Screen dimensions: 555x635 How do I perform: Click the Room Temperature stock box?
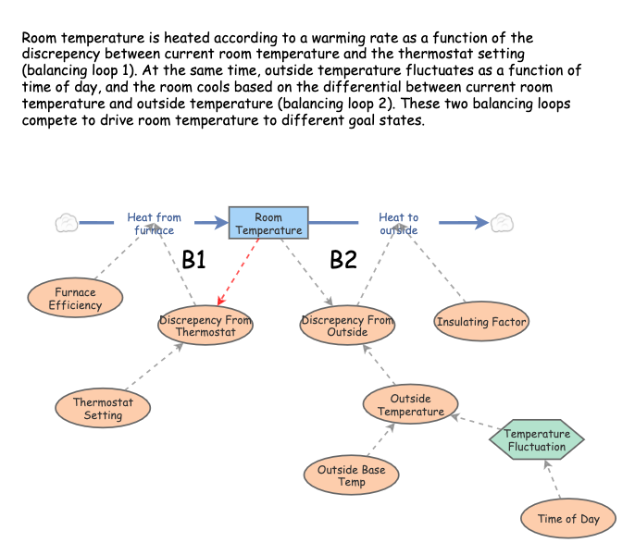tap(268, 224)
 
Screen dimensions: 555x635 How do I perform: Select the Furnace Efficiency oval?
tap(74, 298)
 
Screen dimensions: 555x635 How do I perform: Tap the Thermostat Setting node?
tap(104, 409)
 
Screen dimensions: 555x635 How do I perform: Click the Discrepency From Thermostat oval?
tap(205, 327)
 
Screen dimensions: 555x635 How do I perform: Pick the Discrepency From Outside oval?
tap(347, 326)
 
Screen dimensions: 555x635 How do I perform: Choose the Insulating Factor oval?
tap(481, 322)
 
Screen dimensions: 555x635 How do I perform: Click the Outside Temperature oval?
tap(410, 405)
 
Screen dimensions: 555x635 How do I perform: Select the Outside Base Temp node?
tap(352, 475)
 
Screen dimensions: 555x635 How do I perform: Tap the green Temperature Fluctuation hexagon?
tap(536, 440)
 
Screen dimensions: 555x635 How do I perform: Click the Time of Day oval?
tap(568, 519)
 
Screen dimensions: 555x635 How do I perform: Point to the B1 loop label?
tap(193, 261)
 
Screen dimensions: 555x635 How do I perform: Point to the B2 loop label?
tap(343, 261)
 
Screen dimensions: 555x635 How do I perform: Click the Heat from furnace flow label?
tap(155, 224)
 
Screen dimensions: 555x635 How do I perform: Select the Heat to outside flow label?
tap(398, 224)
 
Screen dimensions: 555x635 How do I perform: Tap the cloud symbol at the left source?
tap(66, 223)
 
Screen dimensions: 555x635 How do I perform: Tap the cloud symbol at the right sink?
tap(502, 223)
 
